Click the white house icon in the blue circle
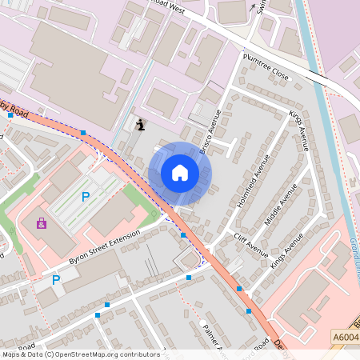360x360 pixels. coord(180,172)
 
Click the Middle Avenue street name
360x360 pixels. coord(281,203)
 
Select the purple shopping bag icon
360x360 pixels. coord(42,223)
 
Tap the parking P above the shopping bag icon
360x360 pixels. coord(85,196)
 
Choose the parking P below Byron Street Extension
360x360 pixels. coord(56,279)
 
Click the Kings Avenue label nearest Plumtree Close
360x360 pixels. coord(298,131)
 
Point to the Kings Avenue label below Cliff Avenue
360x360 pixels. coord(287,250)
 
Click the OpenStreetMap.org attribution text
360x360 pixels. coord(104,354)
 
